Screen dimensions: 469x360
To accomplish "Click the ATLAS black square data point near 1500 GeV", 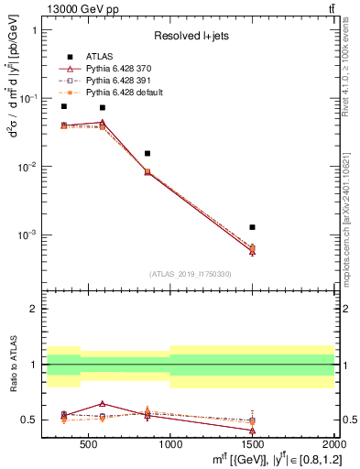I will [x=252, y=227].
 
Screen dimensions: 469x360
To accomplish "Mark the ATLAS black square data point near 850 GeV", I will [x=147, y=154].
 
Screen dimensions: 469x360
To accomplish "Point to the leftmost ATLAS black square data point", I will [x=63, y=106].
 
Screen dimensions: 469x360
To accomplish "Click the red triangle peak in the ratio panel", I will [x=103, y=403].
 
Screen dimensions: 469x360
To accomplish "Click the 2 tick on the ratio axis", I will [x=34, y=309].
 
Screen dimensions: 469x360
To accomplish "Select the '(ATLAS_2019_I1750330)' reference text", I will [x=191, y=274].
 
